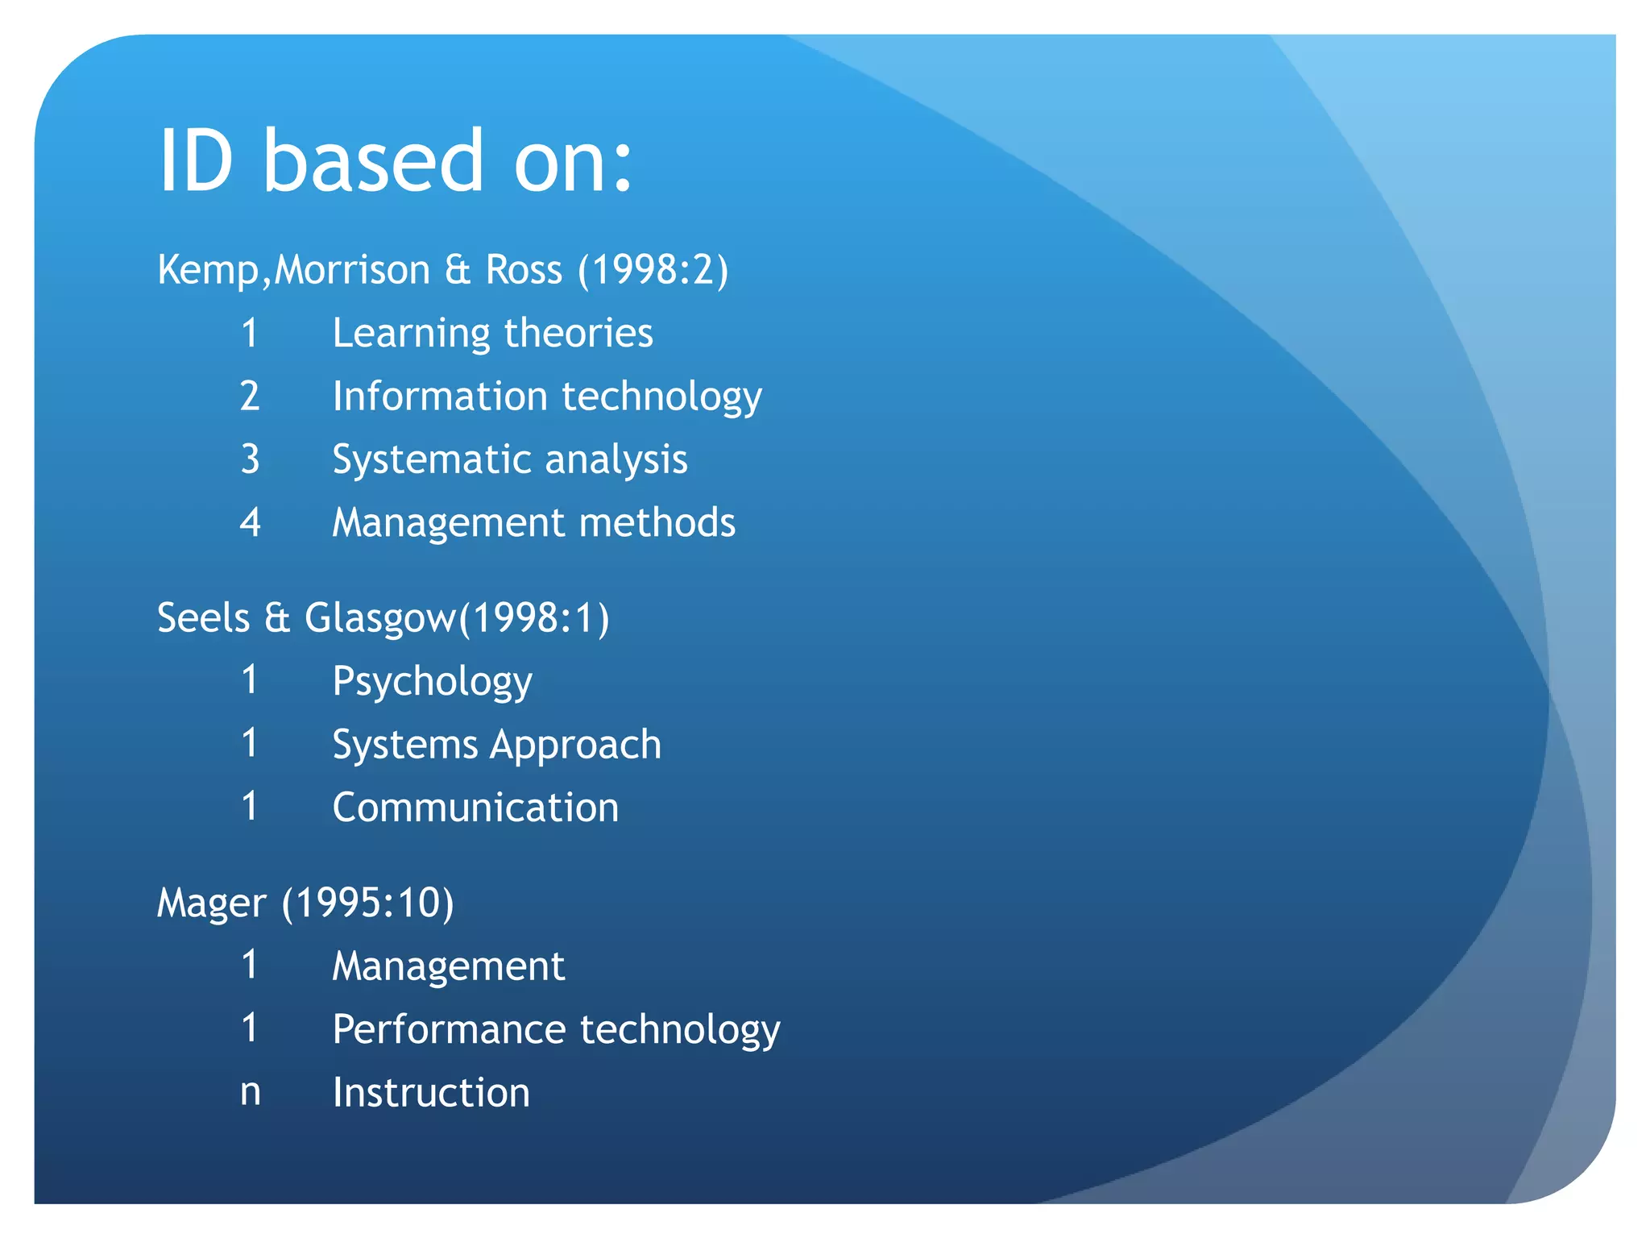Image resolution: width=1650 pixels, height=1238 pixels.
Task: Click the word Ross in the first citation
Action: coord(524,269)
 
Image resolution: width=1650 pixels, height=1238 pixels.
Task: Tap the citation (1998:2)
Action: coord(653,269)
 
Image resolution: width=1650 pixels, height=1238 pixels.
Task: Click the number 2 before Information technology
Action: coord(250,397)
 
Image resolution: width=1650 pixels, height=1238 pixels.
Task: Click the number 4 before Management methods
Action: coord(251,523)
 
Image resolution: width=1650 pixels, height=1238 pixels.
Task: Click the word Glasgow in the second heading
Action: coord(379,619)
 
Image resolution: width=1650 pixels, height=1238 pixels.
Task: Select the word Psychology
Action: coord(433,682)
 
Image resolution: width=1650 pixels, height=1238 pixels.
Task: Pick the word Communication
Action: coord(475,808)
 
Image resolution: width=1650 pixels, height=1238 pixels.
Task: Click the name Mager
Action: coord(211,904)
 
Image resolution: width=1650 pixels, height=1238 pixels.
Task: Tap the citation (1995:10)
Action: coord(368,903)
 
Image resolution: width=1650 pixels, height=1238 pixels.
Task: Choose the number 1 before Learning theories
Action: coord(250,334)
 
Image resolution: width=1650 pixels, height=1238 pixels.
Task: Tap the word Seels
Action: coord(204,619)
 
